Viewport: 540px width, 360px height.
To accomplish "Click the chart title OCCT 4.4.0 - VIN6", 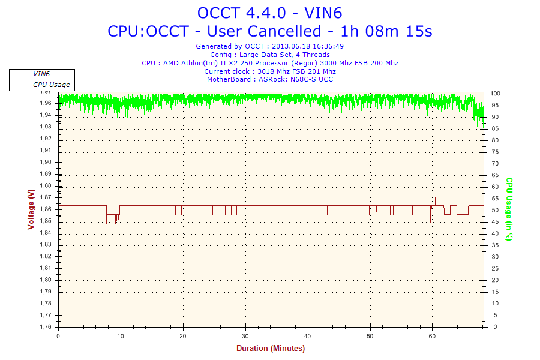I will (x=269, y=12).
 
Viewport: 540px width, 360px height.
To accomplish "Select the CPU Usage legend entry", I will (x=51, y=85).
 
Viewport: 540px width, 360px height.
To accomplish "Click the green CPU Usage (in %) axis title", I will (x=508, y=209).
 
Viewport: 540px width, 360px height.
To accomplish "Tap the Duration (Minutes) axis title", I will (x=270, y=349).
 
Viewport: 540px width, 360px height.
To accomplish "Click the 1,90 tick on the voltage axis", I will (x=45, y=162).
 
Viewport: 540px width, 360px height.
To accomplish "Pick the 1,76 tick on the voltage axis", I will (x=45, y=327).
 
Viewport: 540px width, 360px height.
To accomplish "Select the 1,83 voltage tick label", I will (x=45, y=245).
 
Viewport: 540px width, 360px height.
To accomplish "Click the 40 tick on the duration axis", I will (x=308, y=336).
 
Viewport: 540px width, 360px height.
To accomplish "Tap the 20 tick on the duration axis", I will (x=183, y=336).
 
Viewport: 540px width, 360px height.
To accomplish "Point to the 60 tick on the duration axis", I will (x=433, y=336).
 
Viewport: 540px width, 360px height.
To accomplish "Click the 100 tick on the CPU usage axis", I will (x=496, y=94).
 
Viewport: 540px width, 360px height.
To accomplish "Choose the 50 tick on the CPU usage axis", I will (x=494, y=210).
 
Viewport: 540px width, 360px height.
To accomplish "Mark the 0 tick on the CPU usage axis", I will (x=493, y=327).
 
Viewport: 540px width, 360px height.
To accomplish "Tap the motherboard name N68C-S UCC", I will (x=311, y=79).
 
